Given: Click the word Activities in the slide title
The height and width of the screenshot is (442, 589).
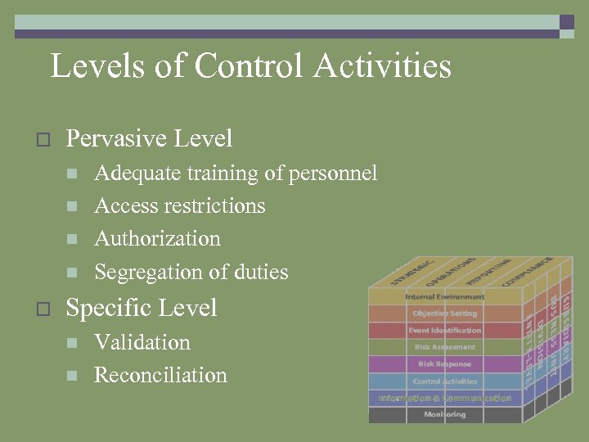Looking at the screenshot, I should coord(391,65).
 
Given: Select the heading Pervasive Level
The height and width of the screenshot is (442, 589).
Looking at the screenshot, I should coord(149,139).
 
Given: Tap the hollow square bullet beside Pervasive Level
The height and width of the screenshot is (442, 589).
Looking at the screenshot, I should coord(44,140).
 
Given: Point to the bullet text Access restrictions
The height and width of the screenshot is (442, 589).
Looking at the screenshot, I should coord(180,205).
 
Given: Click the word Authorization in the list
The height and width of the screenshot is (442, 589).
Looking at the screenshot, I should coord(158,239).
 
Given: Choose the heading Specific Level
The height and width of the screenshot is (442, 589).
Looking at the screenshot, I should coord(142,308).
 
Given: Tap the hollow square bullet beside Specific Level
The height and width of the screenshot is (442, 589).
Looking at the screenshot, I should coord(44,309).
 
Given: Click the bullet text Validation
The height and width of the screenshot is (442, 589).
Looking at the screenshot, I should coord(142,342).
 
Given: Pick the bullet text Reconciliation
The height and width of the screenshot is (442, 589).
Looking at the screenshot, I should coord(161,376).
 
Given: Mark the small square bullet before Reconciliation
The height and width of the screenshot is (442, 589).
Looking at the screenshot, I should coord(72,377).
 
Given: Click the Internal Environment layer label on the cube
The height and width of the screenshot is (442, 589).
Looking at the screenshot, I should coord(445,296).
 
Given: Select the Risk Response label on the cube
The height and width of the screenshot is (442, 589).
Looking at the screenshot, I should coord(445,364).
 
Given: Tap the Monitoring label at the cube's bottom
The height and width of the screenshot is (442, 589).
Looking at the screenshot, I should coord(445,415).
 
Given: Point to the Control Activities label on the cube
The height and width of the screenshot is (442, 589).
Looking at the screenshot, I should coord(445,381).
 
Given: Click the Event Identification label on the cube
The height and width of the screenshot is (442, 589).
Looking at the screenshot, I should coord(445,331).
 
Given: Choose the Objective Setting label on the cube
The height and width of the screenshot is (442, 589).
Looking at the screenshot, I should coord(445,313).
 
